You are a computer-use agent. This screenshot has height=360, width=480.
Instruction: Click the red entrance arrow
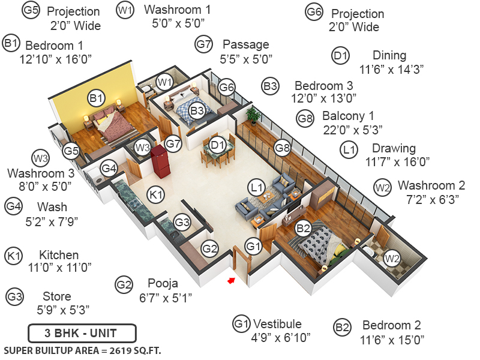click(230, 279)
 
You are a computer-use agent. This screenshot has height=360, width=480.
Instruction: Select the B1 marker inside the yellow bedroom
click(97, 97)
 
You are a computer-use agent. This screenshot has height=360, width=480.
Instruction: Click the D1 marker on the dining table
click(218, 144)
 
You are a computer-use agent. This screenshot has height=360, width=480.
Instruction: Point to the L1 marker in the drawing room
click(257, 188)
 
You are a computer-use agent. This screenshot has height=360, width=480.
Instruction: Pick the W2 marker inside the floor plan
click(392, 259)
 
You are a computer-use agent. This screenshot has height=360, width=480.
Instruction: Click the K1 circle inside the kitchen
click(156, 194)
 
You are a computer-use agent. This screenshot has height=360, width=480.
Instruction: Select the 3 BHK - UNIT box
click(82, 332)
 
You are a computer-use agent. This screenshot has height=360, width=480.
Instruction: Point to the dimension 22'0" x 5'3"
click(353, 129)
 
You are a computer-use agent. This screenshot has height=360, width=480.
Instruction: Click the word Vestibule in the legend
click(277, 324)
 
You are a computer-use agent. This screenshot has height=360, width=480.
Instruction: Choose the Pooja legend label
click(163, 283)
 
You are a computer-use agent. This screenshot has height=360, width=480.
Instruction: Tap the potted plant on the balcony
click(253, 115)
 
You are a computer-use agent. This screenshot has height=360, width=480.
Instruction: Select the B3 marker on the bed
click(197, 111)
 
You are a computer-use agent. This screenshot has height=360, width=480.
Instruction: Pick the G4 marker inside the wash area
click(109, 169)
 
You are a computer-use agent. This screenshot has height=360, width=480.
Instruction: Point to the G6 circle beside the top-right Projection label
click(314, 13)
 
